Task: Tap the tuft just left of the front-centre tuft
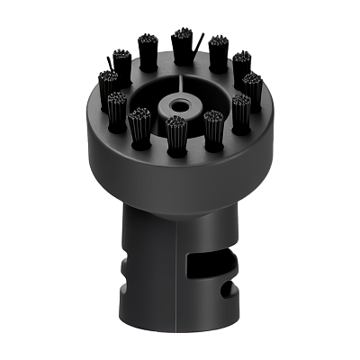(x=139, y=125)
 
